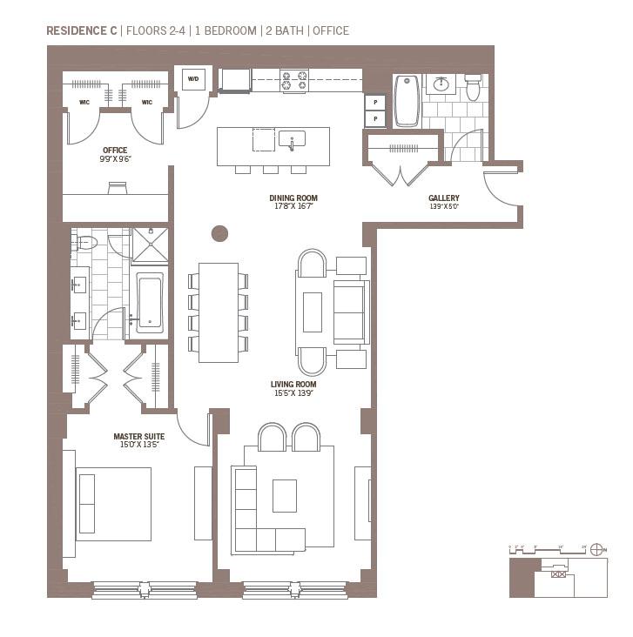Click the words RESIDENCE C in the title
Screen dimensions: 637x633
tap(82, 30)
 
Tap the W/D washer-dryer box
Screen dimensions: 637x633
tap(192, 79)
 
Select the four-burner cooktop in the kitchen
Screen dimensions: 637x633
tap(293, 80)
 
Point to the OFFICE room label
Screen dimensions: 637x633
tap(115, 151)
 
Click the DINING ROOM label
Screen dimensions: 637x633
tap(292, 198)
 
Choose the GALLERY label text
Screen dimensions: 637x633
tap(443, 198)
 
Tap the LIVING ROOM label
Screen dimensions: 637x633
tap(293, 384)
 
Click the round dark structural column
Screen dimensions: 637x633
tap(219, 233)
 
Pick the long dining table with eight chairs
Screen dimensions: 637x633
tap(218, 312)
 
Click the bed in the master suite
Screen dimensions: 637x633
tap(113, 504)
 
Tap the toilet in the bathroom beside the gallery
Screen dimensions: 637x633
tap(473, 87)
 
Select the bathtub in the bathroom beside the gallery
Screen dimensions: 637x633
tap(407, 100)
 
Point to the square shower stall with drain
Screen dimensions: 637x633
tap(150, 245)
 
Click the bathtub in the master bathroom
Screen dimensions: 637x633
tap(149, 303)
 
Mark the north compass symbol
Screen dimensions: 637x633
tap(596, 549)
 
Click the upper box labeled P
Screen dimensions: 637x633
tap(375, 101)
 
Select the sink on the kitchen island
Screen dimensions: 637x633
tap(292, 138)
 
